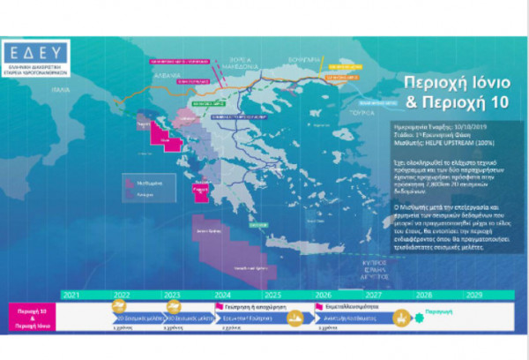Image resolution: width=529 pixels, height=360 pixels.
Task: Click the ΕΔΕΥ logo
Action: (41, 56)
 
